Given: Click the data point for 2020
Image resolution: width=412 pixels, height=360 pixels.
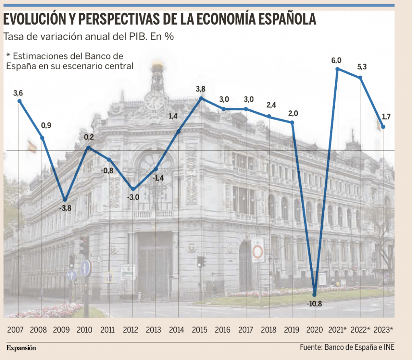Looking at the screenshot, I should [x=315, y=294].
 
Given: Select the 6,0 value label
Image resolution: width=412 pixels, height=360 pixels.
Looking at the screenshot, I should [x=336, y=61].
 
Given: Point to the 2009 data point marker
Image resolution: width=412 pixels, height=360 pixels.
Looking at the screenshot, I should [x=65, y=200].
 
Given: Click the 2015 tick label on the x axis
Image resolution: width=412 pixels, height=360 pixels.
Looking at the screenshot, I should [x=200, y=330].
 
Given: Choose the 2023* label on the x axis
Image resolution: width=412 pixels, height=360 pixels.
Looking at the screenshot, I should [x=383, y=330].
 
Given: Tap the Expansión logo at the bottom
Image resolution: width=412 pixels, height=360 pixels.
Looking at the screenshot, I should [x=21, y=348].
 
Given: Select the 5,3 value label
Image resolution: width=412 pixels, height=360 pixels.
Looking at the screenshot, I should [x=361, y=67].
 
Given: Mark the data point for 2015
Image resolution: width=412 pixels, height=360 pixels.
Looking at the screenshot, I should [x=201, y=98].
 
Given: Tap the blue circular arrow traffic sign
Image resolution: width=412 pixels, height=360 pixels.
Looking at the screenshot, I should [x=85, y=268].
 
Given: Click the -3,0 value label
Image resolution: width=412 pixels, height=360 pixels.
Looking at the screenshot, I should [x=133, y=198].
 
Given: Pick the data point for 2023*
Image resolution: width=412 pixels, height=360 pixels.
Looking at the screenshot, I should [x=383, y=127].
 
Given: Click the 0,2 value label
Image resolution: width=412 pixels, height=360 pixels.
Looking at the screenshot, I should [x=89, y=138].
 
